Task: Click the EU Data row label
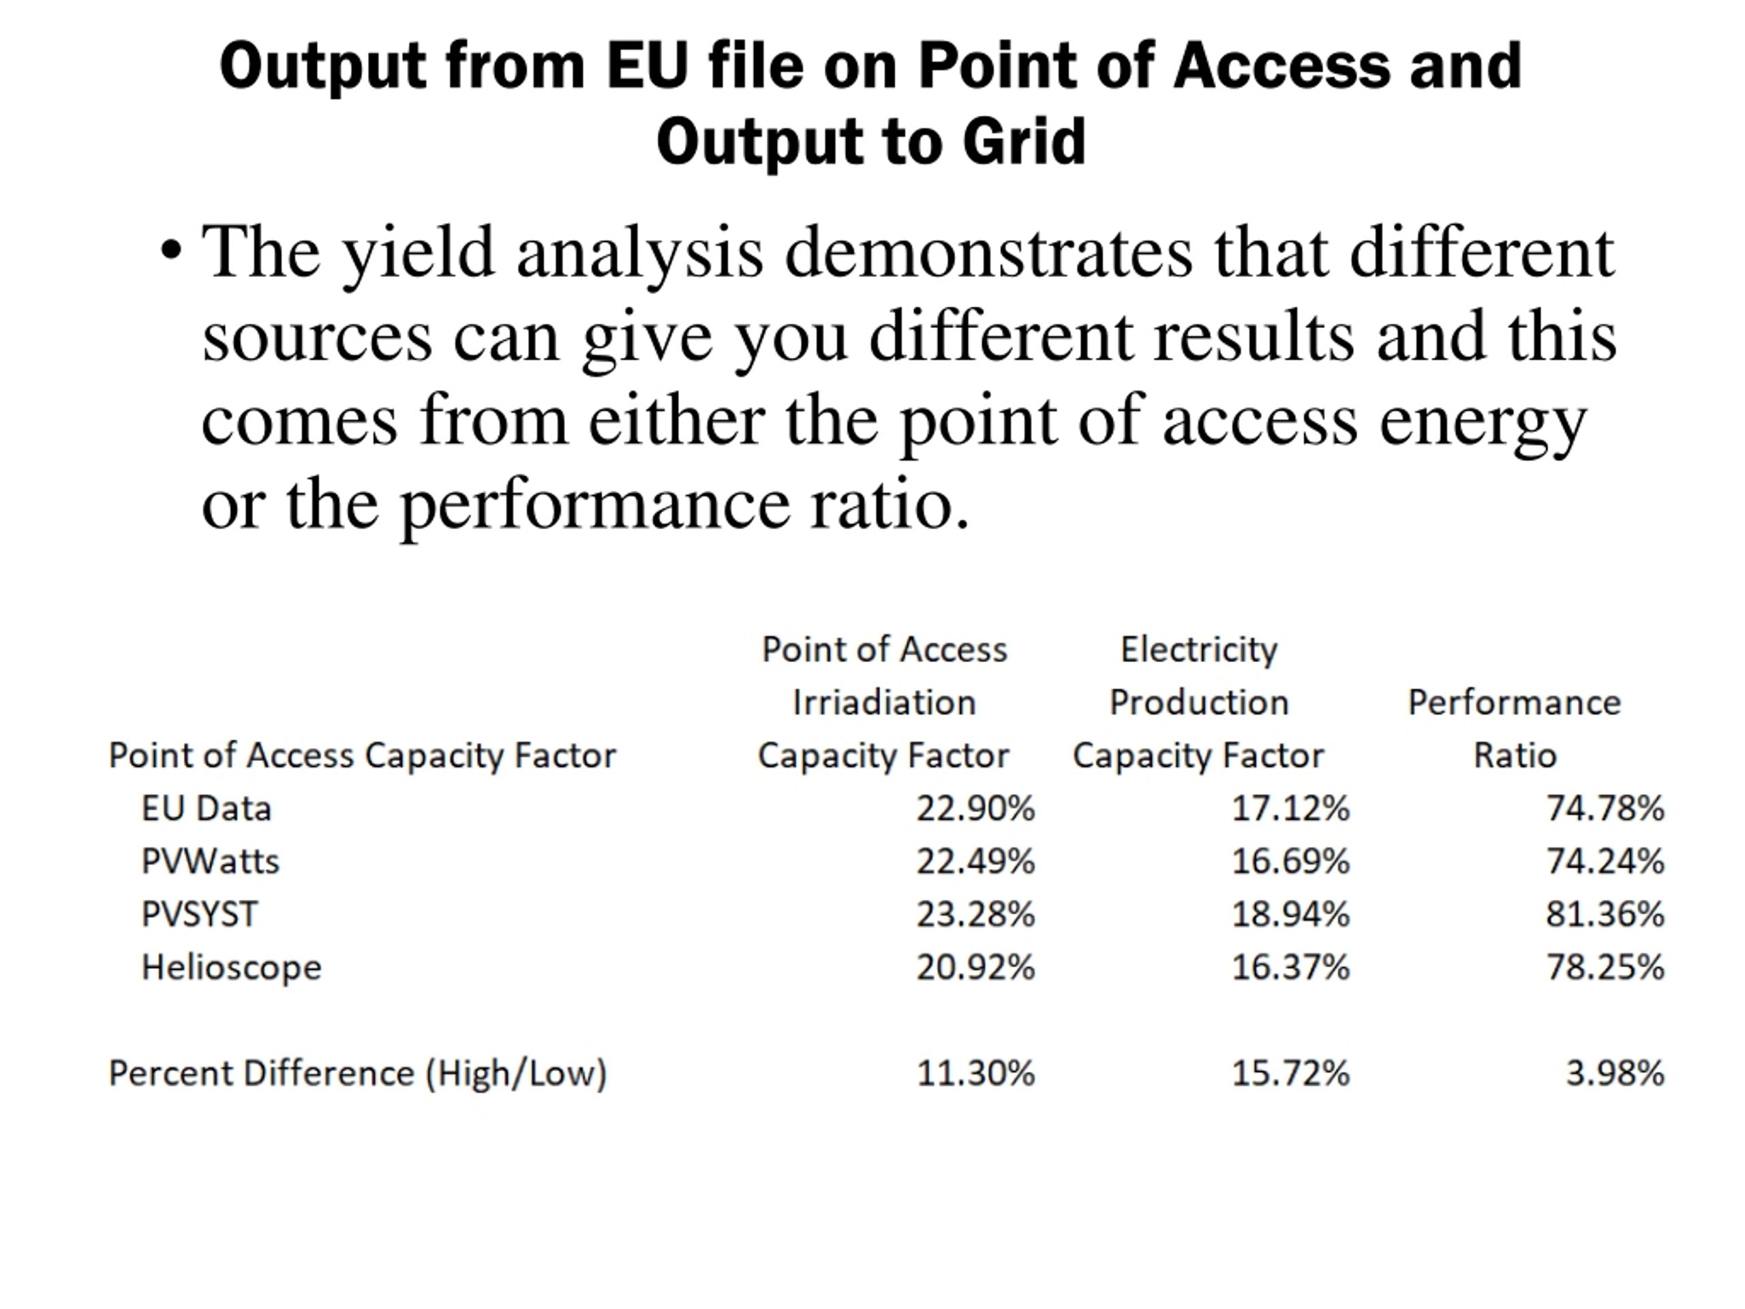coord(206,808)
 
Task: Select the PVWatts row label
coord(210,861)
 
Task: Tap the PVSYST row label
coord(200,914)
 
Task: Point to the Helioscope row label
coord(231,967)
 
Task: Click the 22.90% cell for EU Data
coord(975,808)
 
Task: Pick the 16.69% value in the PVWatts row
coord(1290,861)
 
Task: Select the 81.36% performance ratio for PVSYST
coord(1605,914)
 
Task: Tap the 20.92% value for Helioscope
coord(975,967)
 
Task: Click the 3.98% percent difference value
coord(1615,1073)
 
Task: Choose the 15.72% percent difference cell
coord(1290,1073)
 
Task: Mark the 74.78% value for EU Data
coord(1605,808)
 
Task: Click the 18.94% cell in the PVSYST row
coord(1290,914)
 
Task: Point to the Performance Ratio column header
coord(1515,728)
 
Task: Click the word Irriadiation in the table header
coord(884,702)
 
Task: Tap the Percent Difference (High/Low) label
coord(358,1074)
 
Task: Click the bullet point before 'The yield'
coord(170,252)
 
